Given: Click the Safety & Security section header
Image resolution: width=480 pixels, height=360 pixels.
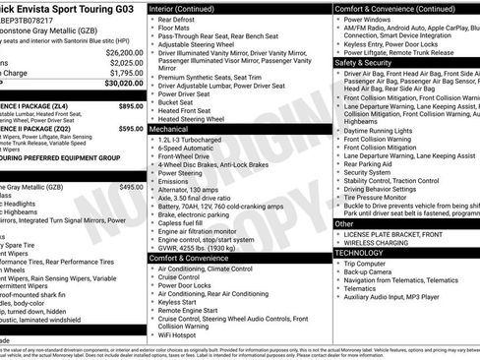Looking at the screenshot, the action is [x=362, y=61].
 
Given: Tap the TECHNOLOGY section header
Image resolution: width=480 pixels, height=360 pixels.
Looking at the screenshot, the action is [x=358, y=252].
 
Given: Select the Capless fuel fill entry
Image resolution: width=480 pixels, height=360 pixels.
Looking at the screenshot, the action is [x=188, y=222].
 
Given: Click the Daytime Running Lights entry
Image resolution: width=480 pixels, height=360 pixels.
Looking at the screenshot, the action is [x=383, y=130].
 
